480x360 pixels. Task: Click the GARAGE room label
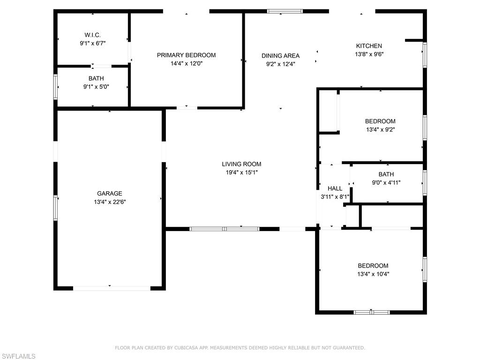pos(110,194)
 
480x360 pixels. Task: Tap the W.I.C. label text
pos(92,35)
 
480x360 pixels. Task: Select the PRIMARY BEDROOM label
pos(187,55)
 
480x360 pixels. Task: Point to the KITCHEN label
pos(369,46)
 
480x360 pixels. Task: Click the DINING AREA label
pos(280,56)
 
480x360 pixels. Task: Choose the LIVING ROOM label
pos(241,164)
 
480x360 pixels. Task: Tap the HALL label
pos(335,188)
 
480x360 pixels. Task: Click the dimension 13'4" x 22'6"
pos(110,202)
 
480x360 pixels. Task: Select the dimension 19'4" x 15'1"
pos(241,172)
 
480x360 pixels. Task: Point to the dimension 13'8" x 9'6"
pos(369,54)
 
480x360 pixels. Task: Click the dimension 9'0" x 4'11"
pos(386,183)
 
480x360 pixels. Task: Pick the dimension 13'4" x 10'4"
pos(373,274)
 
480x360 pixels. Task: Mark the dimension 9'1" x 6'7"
pos(93,44)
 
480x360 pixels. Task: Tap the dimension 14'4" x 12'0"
pos(187,64)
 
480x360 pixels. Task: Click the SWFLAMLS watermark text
pos(18,356)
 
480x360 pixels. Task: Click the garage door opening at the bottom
pos(112,288)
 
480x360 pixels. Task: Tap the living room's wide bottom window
pos(225,229)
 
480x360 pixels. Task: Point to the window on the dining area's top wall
pos(285,11)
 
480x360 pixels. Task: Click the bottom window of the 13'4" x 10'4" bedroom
pos(372,313)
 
